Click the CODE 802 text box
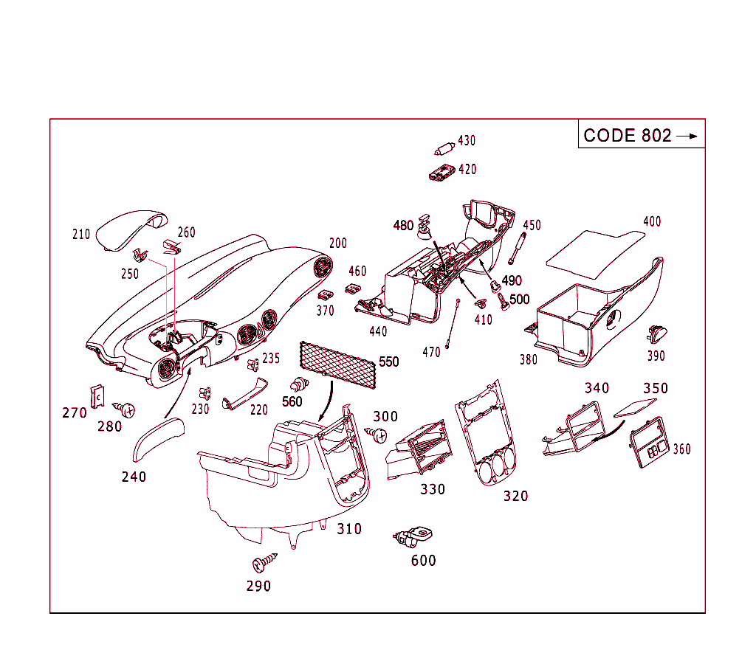(640, 135)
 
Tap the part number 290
(258, 587)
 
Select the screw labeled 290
(263, 562)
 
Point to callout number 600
(424, 561)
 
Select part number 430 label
(467, 141)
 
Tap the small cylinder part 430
(444, 148)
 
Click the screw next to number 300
(379, 435)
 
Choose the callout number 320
(516, 497)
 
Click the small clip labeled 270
(95, 395)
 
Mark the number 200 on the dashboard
(338, 243)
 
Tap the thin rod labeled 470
(453, 324)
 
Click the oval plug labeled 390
(655, 335)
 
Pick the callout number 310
(349, 529)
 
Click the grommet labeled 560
(298, 385)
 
